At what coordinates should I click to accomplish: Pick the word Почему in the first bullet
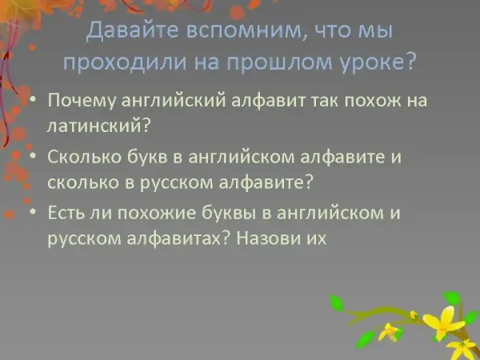click(x=82, y=101)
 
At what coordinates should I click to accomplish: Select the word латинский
click(x=94, y=126)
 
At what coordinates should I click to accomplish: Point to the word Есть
click(x=66, y=213)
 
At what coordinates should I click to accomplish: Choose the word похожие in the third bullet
click(x=157, y=213)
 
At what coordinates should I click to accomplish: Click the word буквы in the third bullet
click(x=228, y=213)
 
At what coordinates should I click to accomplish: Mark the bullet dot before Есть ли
click(x=33, y=212)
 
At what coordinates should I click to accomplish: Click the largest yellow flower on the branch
click(x=443, y=323)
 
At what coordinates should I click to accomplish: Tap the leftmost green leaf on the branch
click(x=336, y=302)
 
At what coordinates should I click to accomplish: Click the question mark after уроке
click(x=409, y=62)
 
